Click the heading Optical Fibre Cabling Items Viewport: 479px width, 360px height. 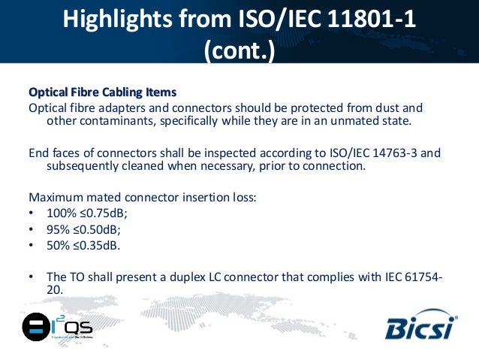pyautogui.click(x=102, y=92)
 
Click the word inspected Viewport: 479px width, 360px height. pyautogui.click(x=205, y=153)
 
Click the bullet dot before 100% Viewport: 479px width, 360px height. pyautogui.click(x=32, y=214)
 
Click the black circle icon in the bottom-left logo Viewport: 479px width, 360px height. pyautogui.click(x=35, y=327)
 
